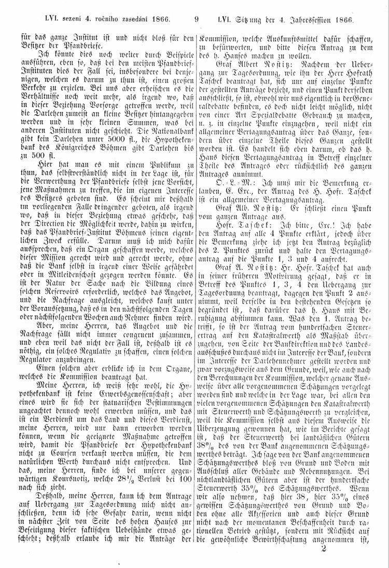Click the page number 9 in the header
coord(196,20)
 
